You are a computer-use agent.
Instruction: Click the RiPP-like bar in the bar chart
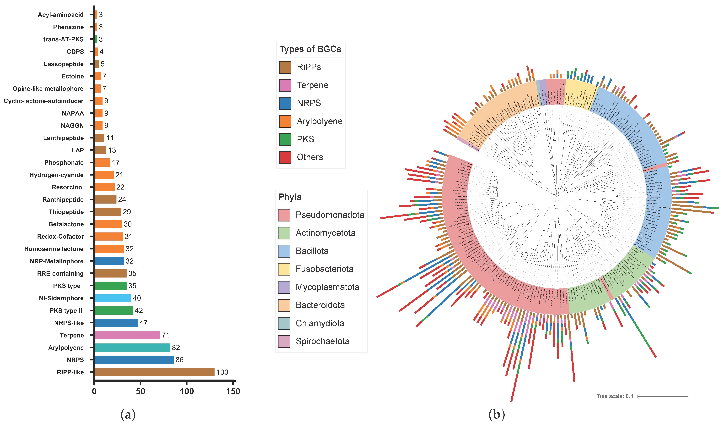(154, 372)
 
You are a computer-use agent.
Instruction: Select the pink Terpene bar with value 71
(127, 335)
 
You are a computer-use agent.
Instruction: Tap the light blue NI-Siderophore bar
(113, 298)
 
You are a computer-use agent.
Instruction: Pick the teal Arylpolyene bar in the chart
(132, 348)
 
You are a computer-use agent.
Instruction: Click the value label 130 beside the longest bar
(222, 372)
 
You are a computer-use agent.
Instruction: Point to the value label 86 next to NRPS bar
(180, 360)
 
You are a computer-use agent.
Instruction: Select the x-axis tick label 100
(187, 391)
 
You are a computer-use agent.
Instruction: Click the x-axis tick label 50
(141, 391)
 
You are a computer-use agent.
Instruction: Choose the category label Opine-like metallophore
(48, 89)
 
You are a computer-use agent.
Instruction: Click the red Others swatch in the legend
(285, 157)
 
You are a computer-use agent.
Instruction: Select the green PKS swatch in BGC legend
(285, 139)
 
